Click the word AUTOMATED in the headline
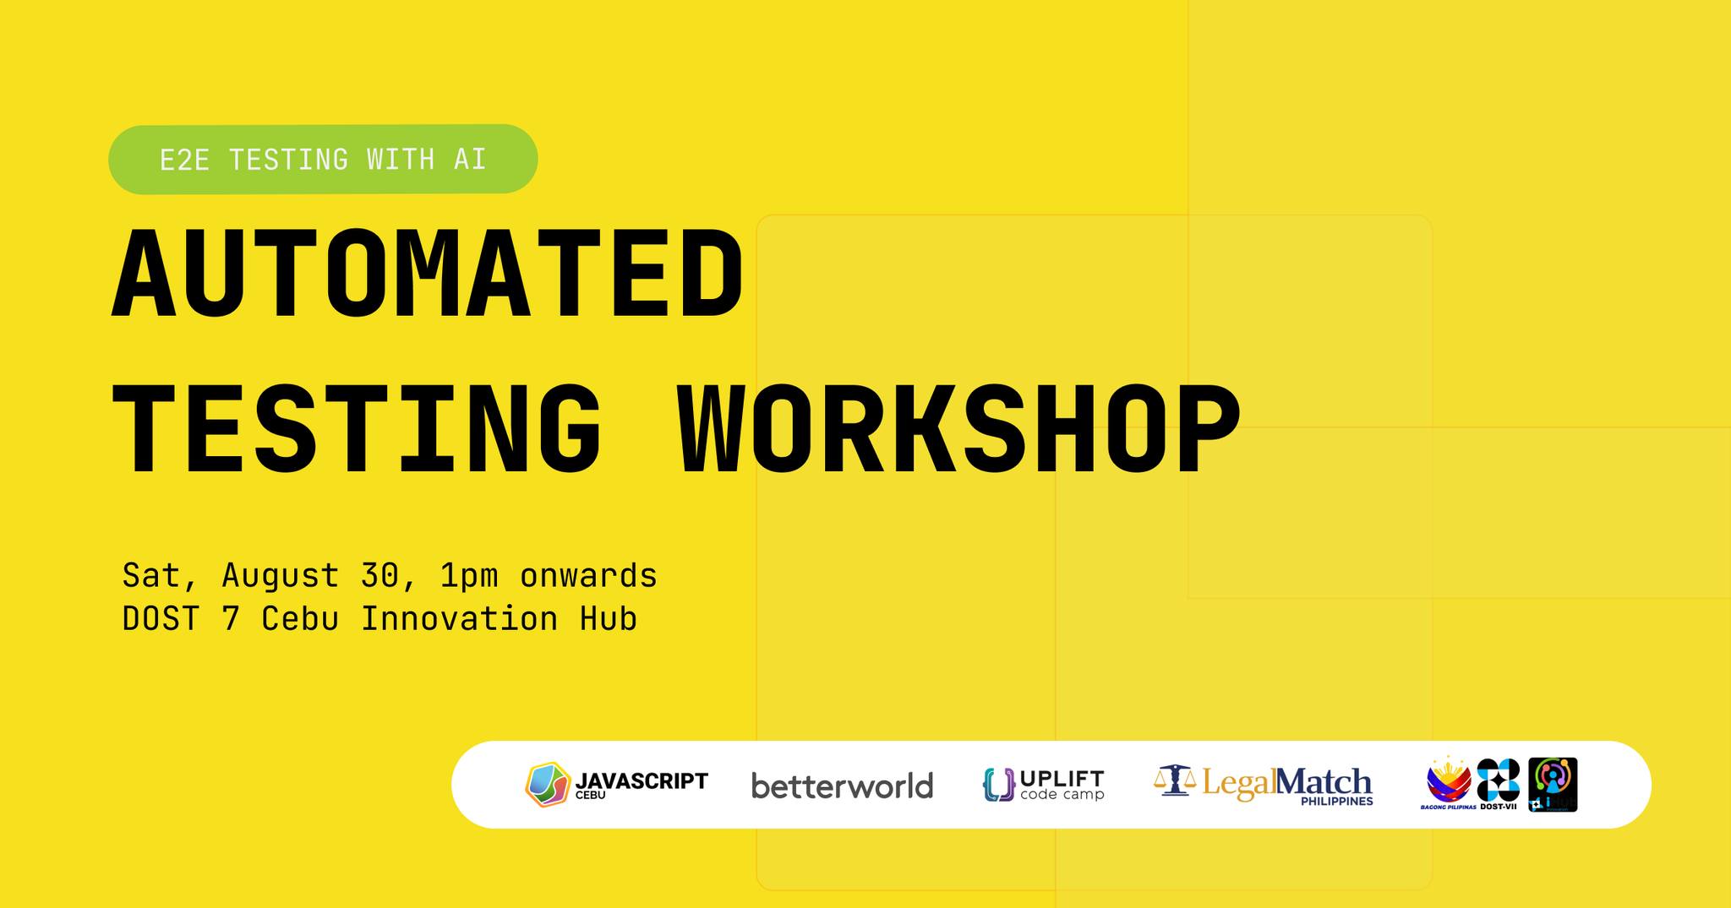click(427, 275)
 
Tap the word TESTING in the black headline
click(357, 431)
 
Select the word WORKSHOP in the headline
click(959, 431)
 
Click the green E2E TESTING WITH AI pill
click(323, 159)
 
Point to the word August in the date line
click(280, 576)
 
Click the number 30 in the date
click(380, 576)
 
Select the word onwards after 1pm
click(588, 576)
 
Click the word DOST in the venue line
click(161, 619)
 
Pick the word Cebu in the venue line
click(300, 619)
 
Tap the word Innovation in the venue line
click(459, 619)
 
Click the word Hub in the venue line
click(608, 619)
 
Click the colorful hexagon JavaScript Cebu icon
click(548, 785)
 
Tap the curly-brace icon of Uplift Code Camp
click(998, 785)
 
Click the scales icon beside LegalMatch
click(1174, 781)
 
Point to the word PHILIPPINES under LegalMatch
click(1336, 802)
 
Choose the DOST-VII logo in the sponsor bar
click(1498, 781)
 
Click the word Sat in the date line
click(151, 576)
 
